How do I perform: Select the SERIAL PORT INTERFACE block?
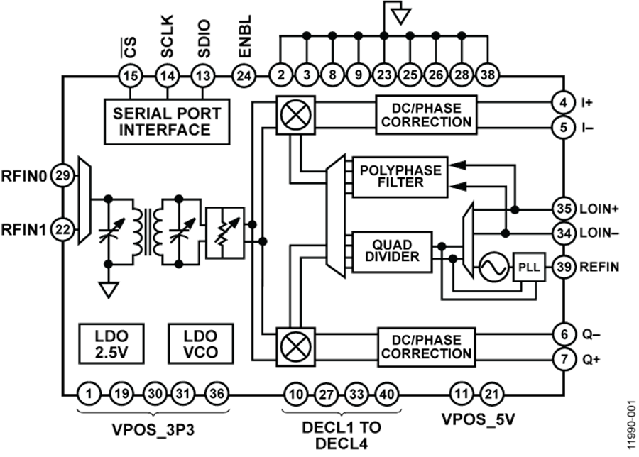coord(166,121)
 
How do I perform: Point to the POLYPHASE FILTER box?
coord(400,176)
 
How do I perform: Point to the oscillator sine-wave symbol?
coord(491,268)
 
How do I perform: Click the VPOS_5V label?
coord(477,420)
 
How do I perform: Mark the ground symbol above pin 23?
coord(400,13)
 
